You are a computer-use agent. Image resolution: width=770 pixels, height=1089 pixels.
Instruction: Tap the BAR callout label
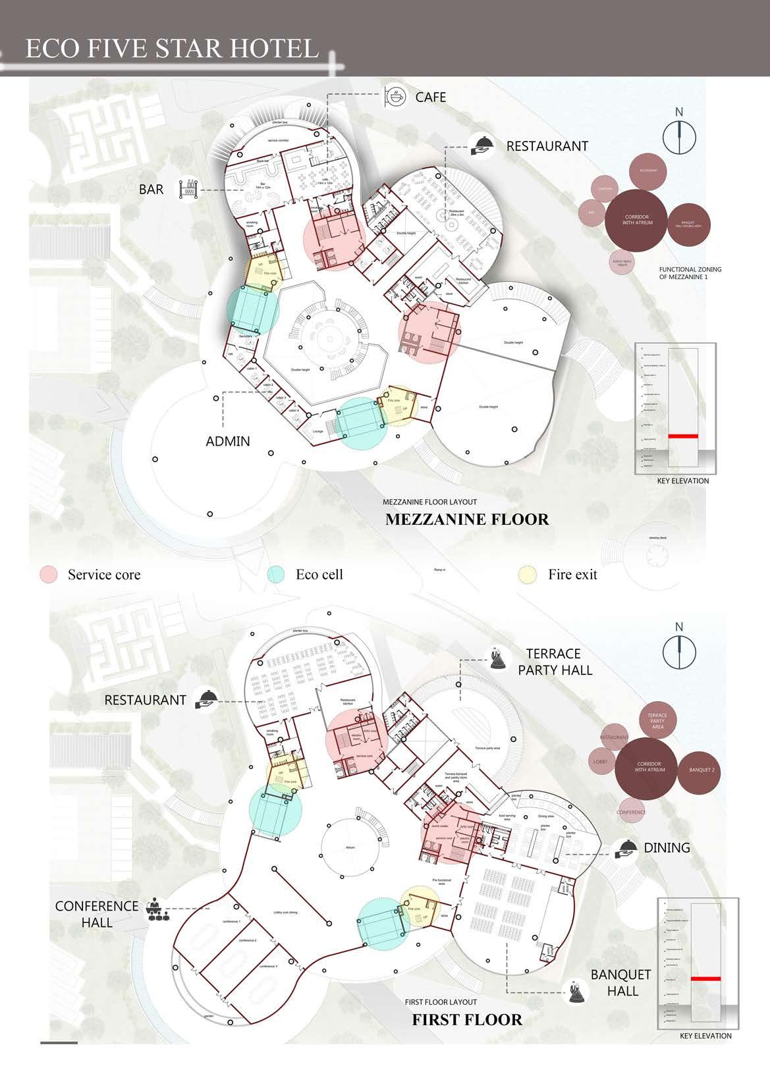(151, 190)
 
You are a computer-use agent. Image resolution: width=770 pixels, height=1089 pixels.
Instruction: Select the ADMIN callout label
(228, 441)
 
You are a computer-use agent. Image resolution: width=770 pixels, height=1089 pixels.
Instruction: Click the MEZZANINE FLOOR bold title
(467, 519)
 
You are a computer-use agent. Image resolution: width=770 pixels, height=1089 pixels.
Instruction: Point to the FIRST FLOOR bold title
(467, 1020)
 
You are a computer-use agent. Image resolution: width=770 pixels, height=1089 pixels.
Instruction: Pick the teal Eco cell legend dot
(276, 574)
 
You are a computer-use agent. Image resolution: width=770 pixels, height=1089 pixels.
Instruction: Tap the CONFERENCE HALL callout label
(97, 914)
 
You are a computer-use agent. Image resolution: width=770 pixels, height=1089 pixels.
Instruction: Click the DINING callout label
(667, 848)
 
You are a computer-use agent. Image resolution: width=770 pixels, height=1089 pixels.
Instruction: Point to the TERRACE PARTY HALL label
(555, 662)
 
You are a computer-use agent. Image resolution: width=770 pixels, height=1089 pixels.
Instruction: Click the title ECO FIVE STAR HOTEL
(172, 49)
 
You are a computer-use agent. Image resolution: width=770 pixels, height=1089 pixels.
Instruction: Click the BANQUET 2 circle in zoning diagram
(701, 770)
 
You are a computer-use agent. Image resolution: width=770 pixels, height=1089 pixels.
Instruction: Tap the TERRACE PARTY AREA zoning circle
(657, 721)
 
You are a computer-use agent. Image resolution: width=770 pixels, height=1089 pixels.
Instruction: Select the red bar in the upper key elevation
(683, 436)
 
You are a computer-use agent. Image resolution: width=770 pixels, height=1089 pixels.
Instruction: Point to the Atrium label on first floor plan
(350, 847)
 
